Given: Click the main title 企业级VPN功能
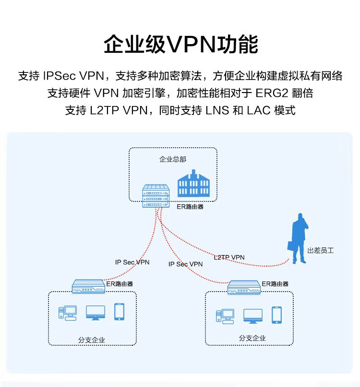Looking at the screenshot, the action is click(x=181, y=44).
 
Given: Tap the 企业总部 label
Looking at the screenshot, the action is click(x=173, y=159).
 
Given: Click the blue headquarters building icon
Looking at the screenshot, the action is click(x=193, y=183).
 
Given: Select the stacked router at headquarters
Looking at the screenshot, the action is click(x=156, y=196).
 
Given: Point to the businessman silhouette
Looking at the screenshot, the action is click(x=298, y=238).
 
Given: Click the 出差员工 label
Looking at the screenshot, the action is click(x=321, y=250).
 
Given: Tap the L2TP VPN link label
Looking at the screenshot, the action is click(x=229, y=258).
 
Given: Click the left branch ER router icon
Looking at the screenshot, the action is click(x=88, y=286).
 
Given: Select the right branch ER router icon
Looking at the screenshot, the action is click(x=244, y=287).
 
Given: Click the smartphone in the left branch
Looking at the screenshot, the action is click(x=119, y=312).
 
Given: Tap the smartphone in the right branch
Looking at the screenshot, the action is click(x=276, y=315).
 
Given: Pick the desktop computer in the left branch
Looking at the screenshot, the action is click(x=68, y=313).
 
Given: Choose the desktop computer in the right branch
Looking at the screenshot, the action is click(x=225, y=316).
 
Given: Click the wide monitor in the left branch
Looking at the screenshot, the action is click(x=96, y=313).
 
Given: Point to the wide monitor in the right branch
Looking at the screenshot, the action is click(x=253, y=316).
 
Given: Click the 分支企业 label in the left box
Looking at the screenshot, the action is click(x=91, y=340).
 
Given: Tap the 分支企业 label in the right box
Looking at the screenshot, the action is click(x=252, y=338).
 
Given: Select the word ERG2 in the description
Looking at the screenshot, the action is click(x=272, y=93).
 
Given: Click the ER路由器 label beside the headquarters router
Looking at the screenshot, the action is click(x=190, y=207).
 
